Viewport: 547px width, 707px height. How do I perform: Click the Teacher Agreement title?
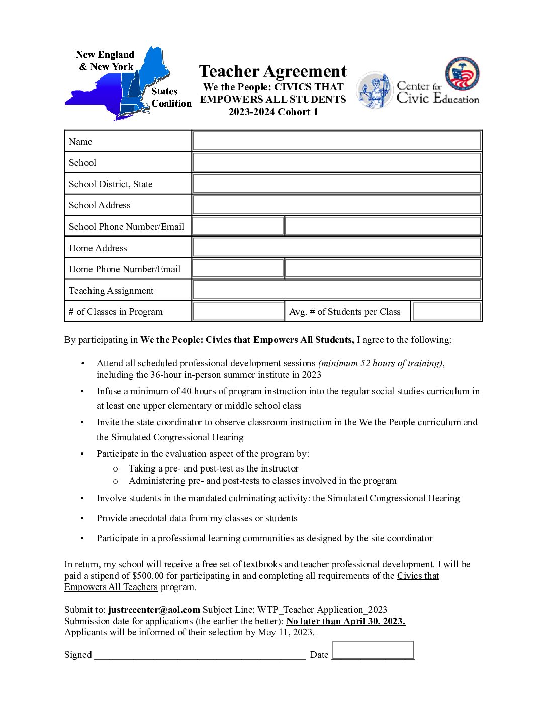click(273, 71)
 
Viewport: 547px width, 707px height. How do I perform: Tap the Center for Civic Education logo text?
click(437, 93)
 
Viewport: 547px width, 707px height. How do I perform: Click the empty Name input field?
click(337, 141)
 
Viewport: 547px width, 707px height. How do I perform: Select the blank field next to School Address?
click(337, 205)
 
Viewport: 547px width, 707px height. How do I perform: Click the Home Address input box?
click(337, 248)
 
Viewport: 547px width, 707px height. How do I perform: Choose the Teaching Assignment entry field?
click(337, 290)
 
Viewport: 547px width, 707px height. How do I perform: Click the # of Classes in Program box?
click(238, 311)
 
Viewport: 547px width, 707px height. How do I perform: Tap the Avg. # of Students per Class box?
click(446, 311)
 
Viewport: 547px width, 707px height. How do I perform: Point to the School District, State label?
click(111, 184)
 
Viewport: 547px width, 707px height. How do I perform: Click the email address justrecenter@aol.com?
click(154, 610)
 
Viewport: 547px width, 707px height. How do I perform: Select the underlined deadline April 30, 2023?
click(345, 621)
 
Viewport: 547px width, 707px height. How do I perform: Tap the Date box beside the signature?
click(373, 650)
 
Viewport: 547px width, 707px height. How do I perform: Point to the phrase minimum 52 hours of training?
click(381, 363)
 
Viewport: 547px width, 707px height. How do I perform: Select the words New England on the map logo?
click(105, 55)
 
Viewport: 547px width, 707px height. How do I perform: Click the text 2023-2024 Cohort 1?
click(273, 112)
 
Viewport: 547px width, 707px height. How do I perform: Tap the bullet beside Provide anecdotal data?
click(82, 518)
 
